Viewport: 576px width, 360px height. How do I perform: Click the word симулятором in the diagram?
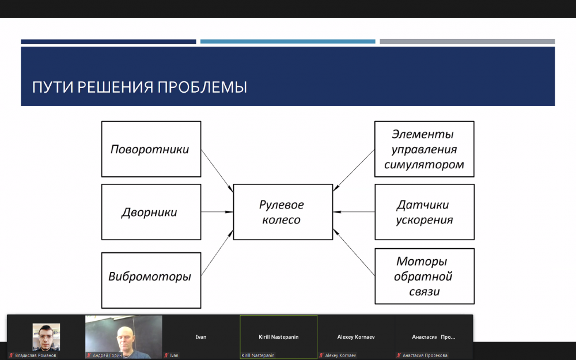click(424, 165)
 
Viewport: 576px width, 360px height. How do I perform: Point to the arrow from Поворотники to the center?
click(217, 171)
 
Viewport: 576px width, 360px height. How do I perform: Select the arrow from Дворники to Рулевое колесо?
click(217, 212)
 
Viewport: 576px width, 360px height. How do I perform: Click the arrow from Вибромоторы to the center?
click(217, 253)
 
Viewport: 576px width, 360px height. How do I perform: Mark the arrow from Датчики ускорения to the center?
click(354, 212)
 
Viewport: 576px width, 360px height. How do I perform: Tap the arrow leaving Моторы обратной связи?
click(354, 252)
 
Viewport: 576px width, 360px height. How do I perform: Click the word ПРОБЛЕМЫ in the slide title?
click(202, 88)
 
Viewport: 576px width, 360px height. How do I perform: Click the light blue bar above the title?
click(287, 41)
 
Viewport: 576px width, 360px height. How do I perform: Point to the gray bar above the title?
click(467, 41)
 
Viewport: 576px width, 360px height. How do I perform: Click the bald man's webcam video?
click(123, 337)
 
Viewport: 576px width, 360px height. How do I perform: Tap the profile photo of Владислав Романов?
click(46, 337)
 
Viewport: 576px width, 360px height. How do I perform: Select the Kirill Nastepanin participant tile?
click(278, 337)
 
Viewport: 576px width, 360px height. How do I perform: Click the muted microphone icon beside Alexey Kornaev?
click(321, 355)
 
